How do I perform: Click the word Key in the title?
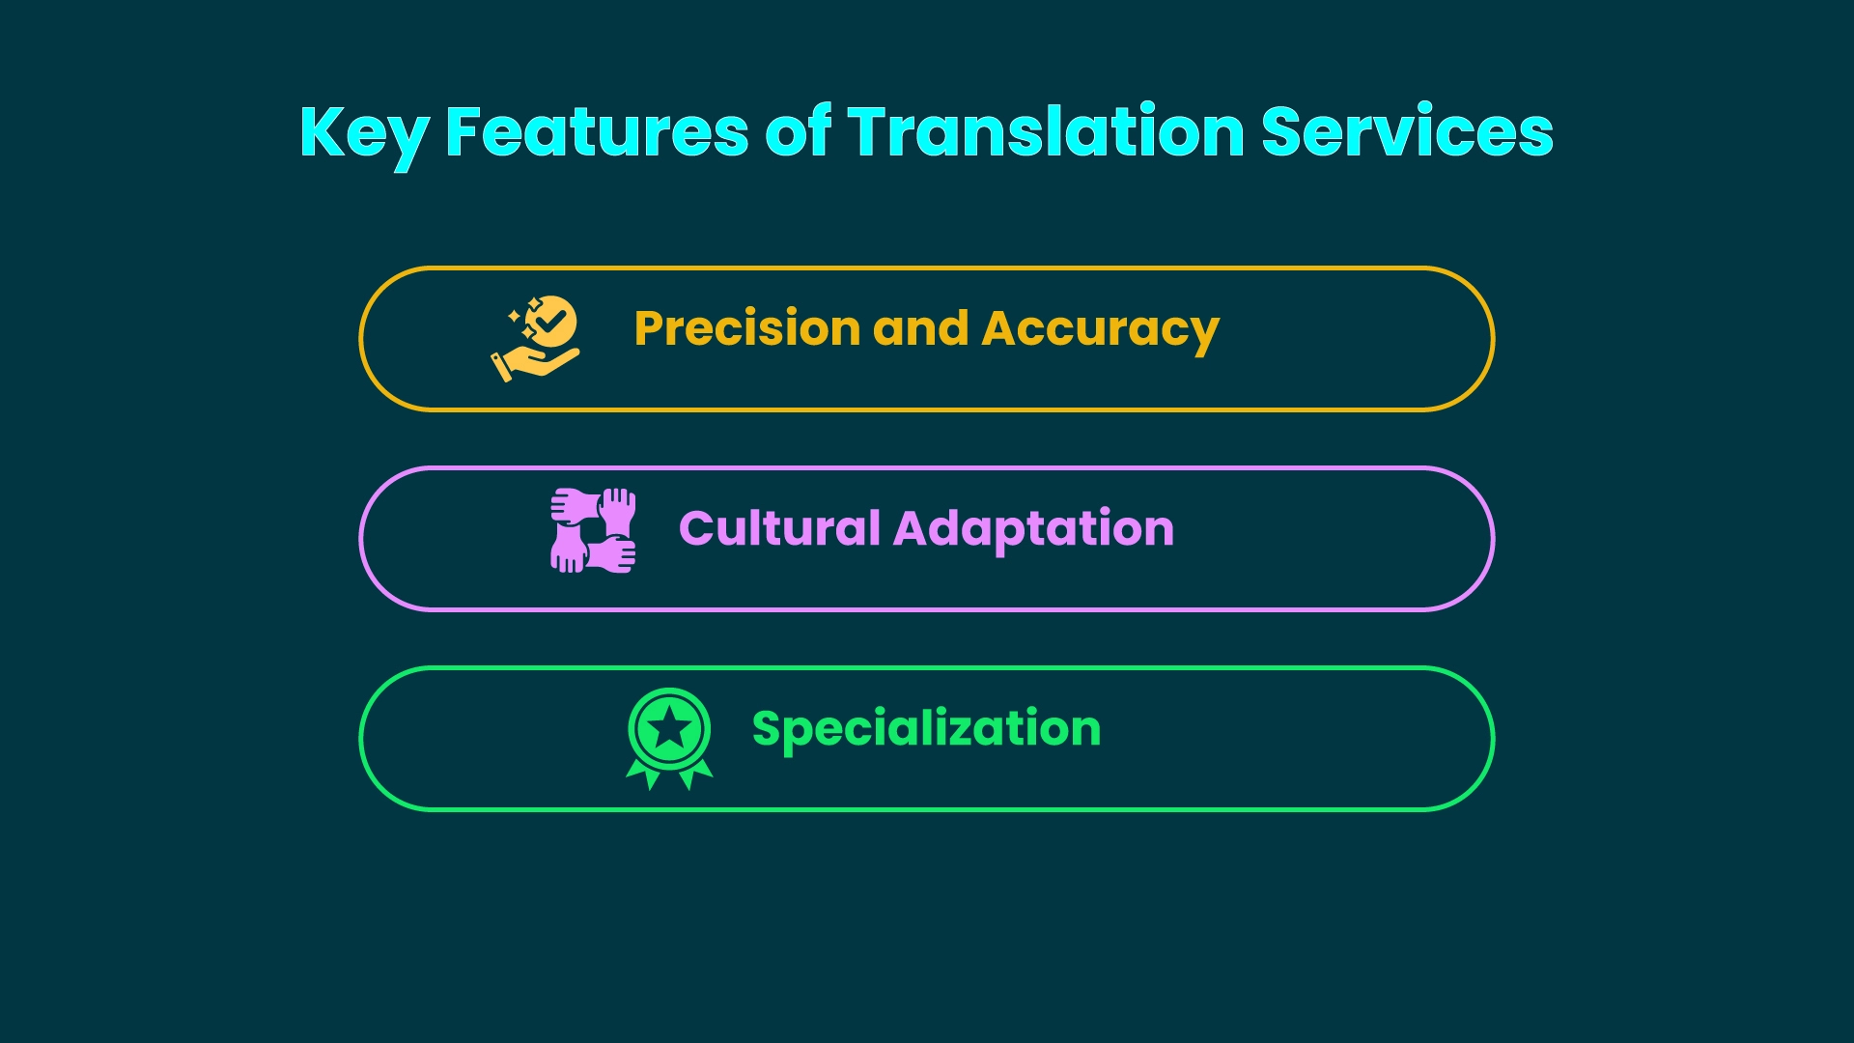363,132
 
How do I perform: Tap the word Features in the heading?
596,132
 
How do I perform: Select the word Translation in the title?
1046,132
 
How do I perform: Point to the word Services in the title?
1407,132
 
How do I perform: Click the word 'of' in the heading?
798,132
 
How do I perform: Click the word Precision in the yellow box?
746,329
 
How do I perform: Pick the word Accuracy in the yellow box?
1100,329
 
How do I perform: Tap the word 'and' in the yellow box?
920,329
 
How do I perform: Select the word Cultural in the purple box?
778,529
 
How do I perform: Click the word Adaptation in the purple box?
1033,529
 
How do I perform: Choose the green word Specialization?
926,728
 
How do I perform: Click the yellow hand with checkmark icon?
535,339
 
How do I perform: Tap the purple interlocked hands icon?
593,530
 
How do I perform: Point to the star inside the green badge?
669,727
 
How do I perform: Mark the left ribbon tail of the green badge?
644,774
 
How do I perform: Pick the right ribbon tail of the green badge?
695,774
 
